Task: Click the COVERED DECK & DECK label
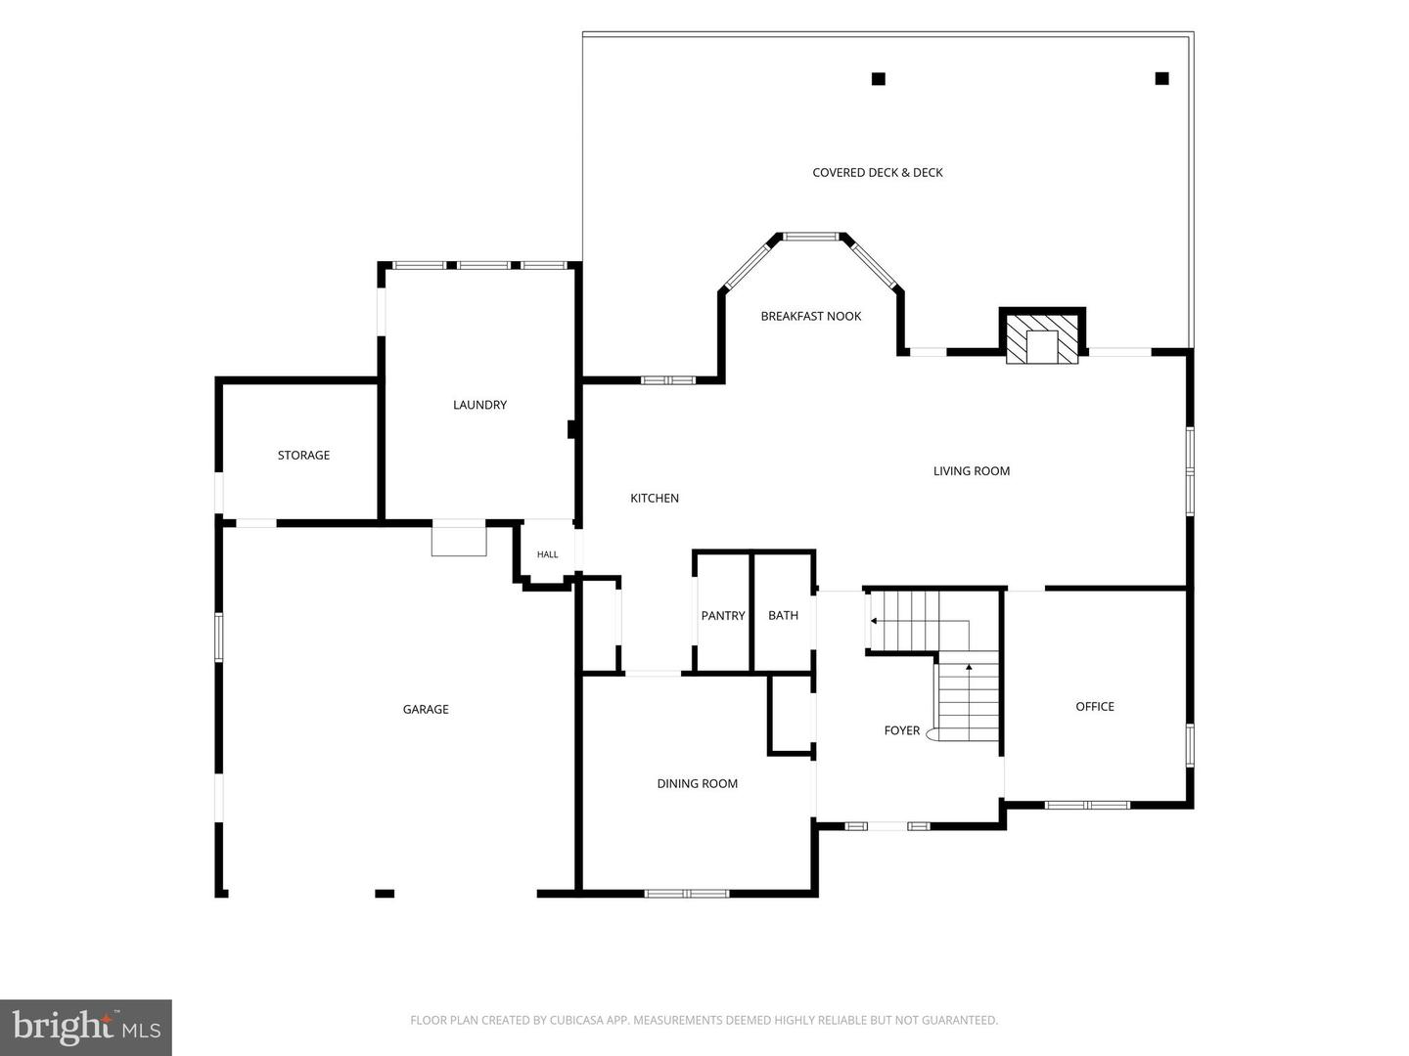(x=878, y=172)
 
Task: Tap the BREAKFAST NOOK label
(x=811, y=316)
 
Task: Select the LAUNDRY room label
(x=479, y=405)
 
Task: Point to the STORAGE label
(x=303, y=456)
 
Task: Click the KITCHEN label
(x=655, y=499)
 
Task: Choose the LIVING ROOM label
(x=972, y=471)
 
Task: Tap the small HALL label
(x=548, y=554)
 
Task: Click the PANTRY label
(x=723, y=616)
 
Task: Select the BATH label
(x=783, y=616)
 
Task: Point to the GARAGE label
(x=426, y=709)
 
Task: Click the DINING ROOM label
(x=697, y=783)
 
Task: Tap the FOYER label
(x=902, y=730)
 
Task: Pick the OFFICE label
(x=1095, y=707)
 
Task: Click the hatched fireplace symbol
(x=1042, y=338)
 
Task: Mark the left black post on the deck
(x=878, y=79)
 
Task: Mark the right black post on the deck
(x=1161, y=78)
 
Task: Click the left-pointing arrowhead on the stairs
(x=874, y=621)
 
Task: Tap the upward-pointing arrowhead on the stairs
(x=969, y=668)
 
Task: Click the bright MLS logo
(x=86, y=1028)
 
